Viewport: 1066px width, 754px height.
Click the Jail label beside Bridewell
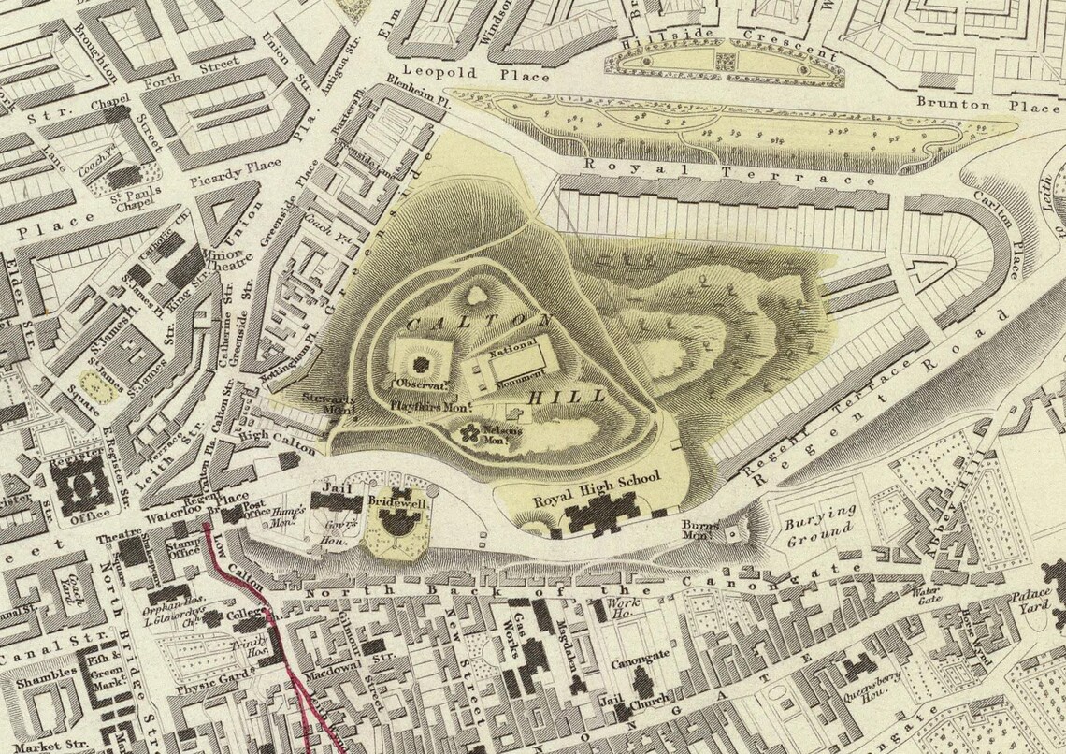tap(328, 487)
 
